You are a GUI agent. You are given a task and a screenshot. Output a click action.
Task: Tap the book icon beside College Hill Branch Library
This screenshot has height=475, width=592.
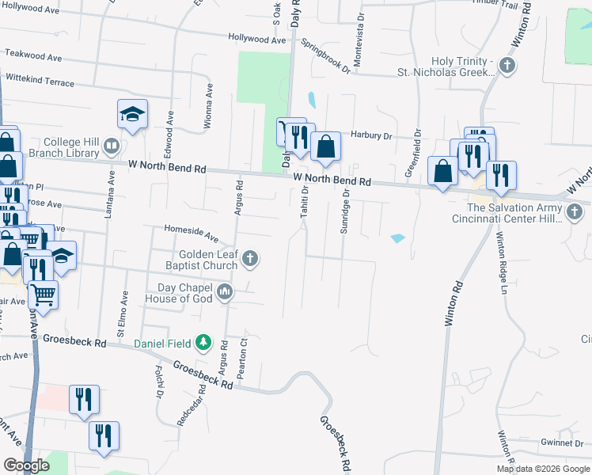click(112, 146)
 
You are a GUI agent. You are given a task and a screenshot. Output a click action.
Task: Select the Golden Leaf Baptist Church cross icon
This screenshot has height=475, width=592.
click(250, 257)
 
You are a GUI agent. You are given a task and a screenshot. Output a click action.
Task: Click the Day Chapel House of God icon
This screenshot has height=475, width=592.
click(226, 292)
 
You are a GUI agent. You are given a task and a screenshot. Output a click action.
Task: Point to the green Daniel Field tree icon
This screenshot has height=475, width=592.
click(204, 343)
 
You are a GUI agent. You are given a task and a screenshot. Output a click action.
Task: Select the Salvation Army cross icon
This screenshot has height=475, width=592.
click(575, 211)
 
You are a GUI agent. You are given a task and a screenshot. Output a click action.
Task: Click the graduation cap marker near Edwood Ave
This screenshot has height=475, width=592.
click(132, 114)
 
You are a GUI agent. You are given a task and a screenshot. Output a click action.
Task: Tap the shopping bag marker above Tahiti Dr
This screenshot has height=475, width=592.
click(324, 146)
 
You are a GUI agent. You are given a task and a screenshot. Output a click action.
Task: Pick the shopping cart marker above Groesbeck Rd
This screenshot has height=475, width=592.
click(43, 295)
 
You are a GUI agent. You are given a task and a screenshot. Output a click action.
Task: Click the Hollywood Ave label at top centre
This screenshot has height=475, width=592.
click(255, 37)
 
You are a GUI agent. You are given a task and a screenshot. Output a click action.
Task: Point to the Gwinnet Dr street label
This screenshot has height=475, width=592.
click(563, 443)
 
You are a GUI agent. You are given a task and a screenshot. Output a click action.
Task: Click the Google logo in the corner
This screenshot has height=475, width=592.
click(26, 465)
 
